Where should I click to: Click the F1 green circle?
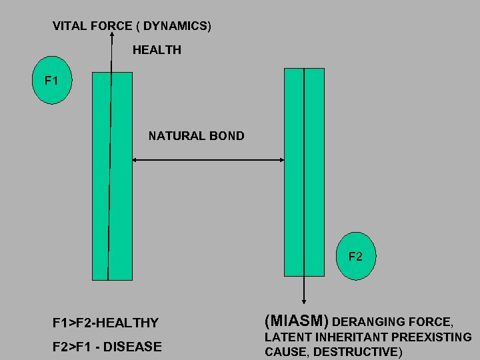[52, 81]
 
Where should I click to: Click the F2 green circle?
[355, 256]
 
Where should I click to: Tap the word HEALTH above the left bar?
[157, 50]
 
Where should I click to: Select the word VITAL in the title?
[69, 27]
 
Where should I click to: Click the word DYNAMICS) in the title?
[177, 27]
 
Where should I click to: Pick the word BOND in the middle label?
[227, 136]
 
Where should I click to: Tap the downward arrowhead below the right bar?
[304, 301]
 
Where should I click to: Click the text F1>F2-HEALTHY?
[105, 323]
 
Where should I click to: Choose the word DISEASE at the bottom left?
[139, 347]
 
